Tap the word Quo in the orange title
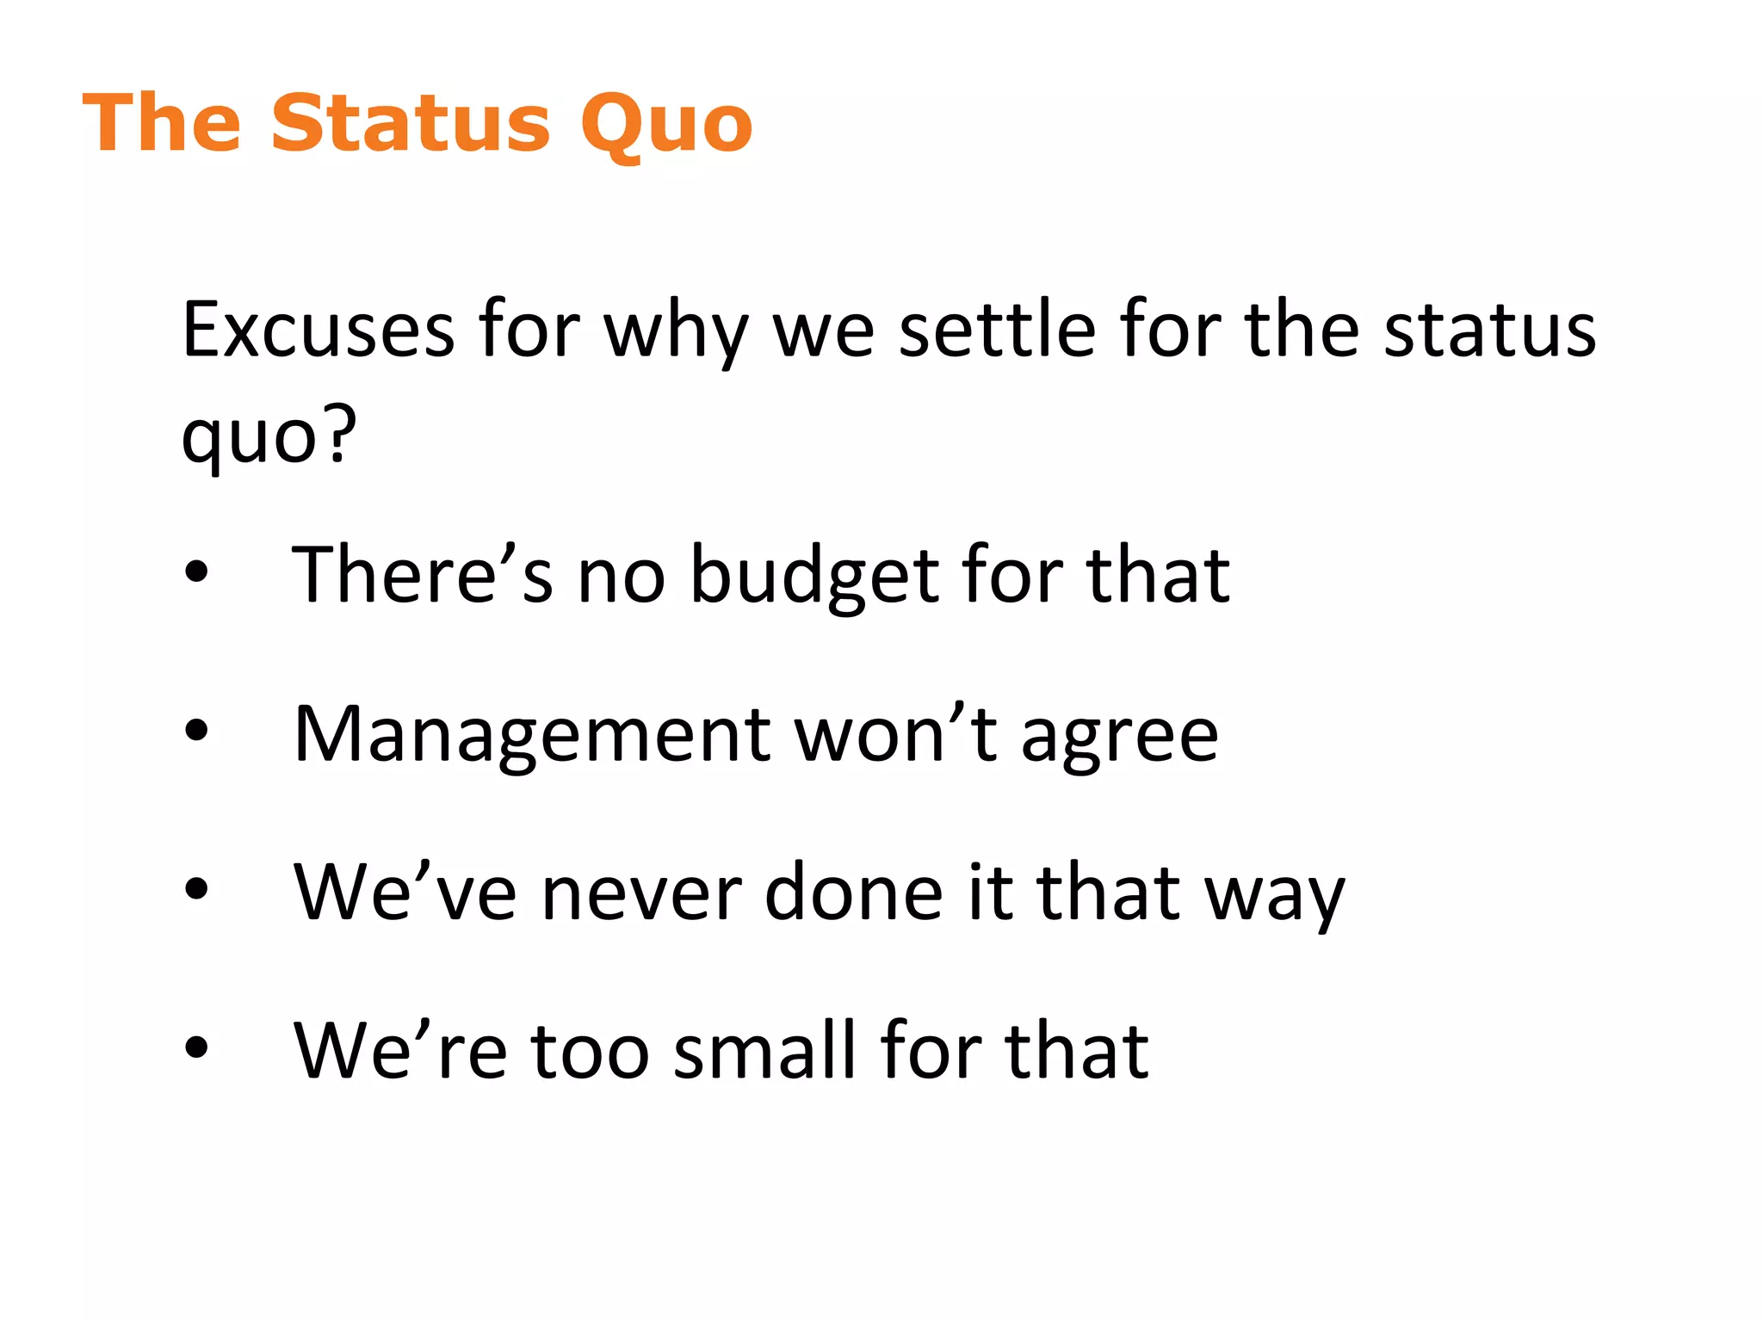click(666, 126)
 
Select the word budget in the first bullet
click(813, 575)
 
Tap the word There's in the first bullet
click(422, 575)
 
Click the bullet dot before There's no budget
click(196, 571)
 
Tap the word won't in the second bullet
click(895, 733)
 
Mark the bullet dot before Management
click(196, 730)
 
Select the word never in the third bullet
click(640, 893)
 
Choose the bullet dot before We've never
click(196, 888)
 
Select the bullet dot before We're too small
click(196, 1047)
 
